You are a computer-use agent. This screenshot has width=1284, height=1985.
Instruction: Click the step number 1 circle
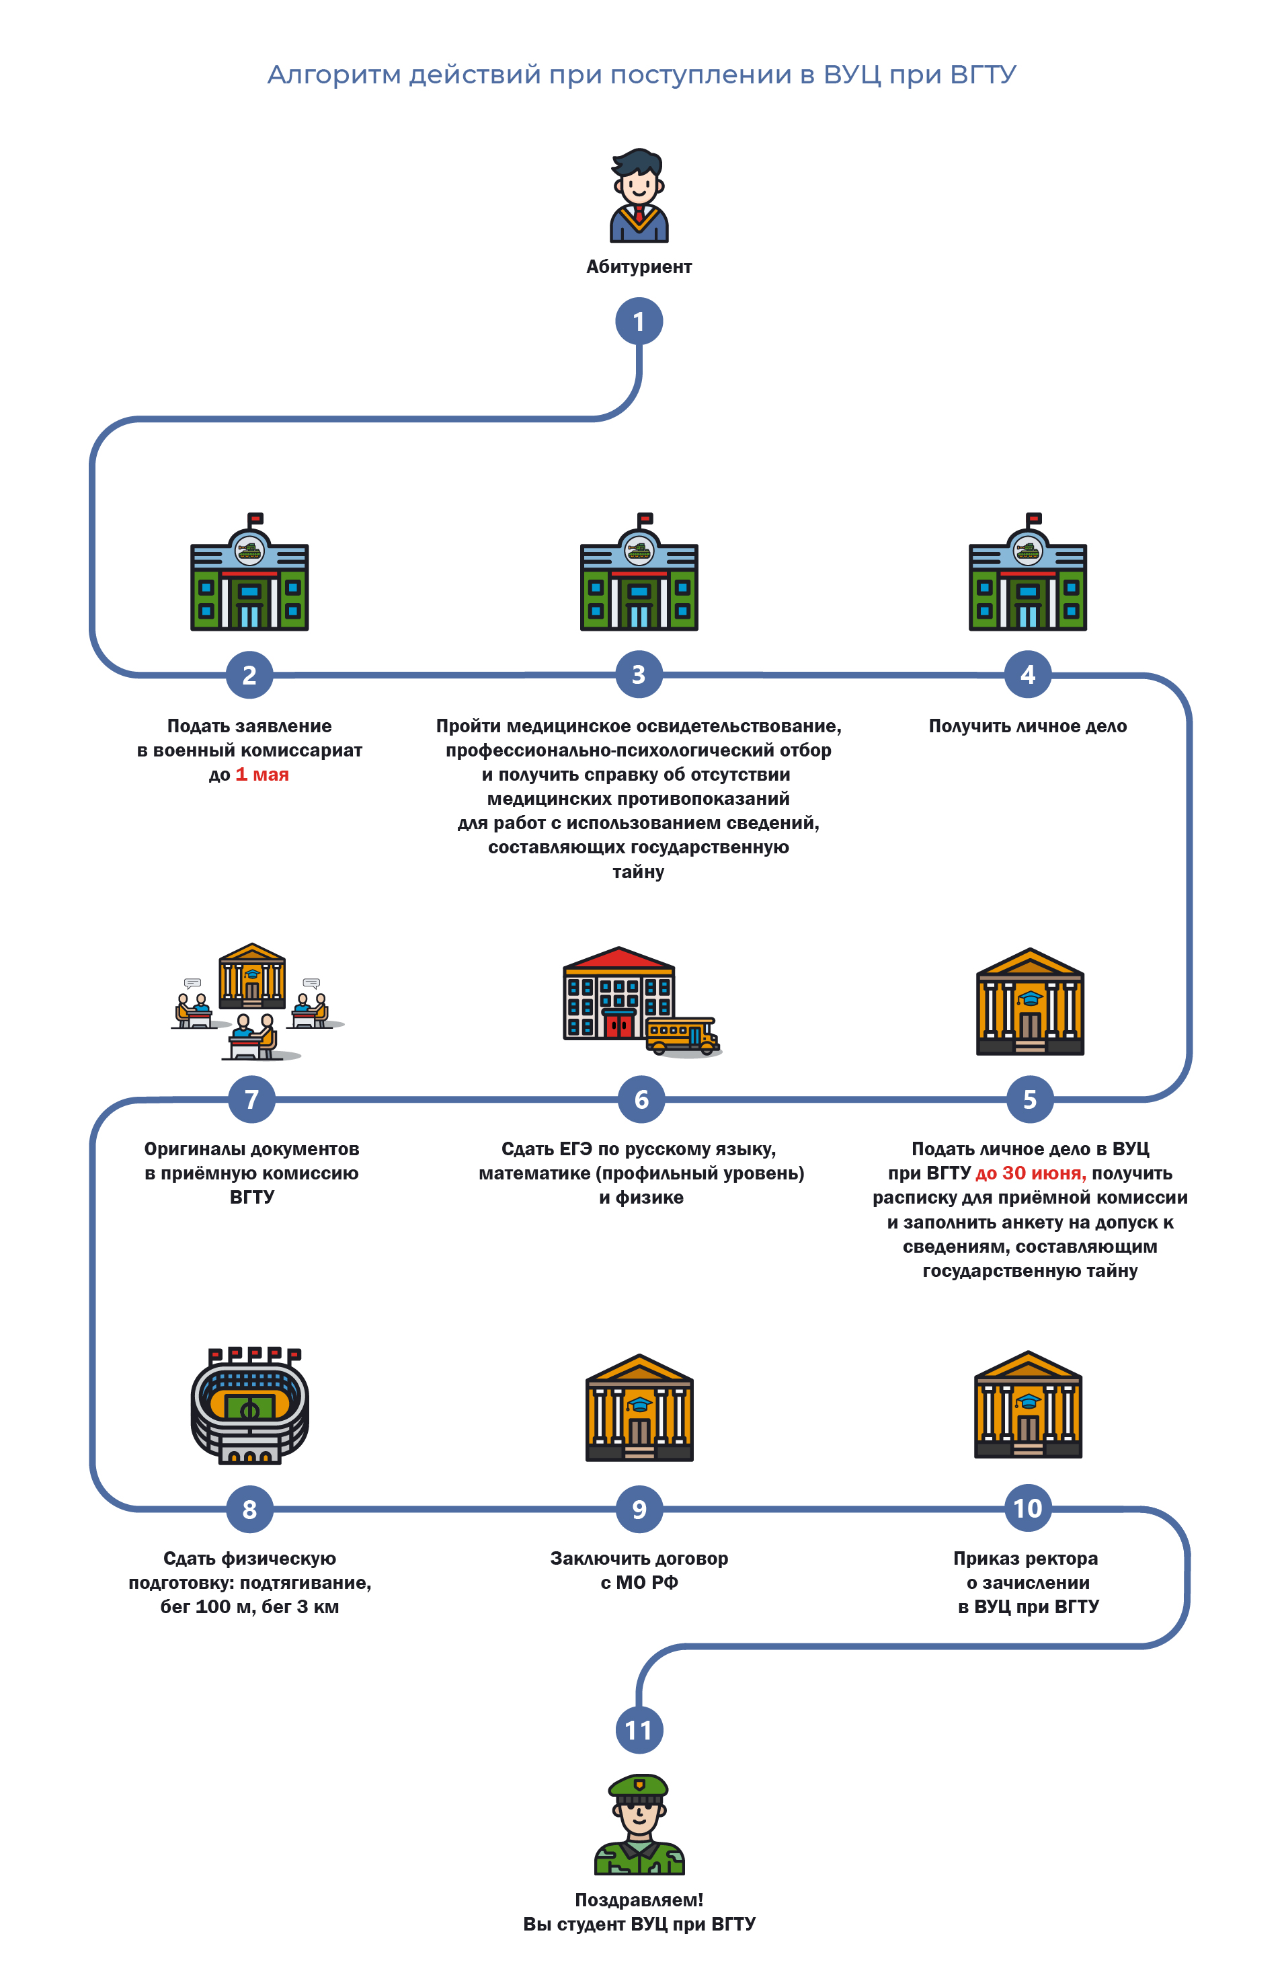639,321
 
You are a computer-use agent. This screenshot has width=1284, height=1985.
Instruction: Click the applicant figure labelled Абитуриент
639,196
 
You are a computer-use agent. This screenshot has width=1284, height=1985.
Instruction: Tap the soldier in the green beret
639,1826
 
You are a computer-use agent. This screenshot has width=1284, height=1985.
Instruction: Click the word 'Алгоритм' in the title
333,75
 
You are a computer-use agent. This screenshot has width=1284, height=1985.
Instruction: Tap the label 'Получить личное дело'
1027,726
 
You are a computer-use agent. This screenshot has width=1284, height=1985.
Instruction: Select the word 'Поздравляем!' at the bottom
639,1899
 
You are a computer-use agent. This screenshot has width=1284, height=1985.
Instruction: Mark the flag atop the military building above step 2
255,518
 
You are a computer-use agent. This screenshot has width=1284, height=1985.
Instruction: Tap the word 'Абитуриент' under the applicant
639,267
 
